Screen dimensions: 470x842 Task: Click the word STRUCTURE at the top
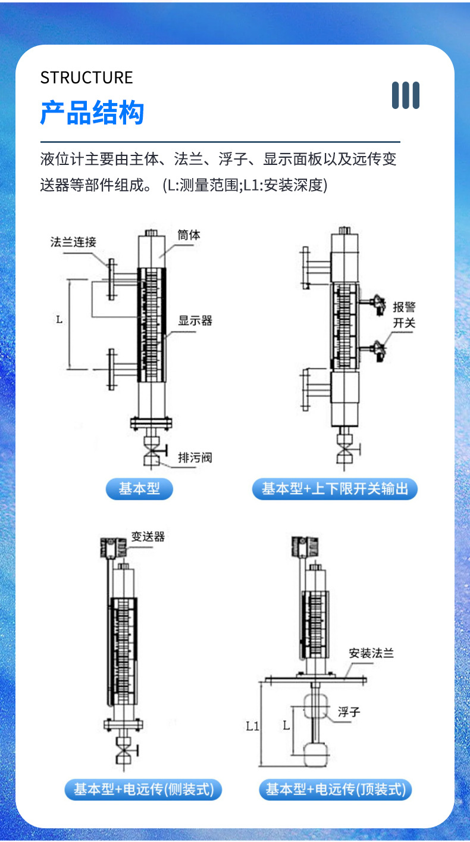[x=86, y=77]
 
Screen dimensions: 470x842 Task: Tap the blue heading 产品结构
[x=92, y=113]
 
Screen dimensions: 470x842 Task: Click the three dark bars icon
[x=405, y=95]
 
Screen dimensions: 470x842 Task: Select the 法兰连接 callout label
[x=73, y=242]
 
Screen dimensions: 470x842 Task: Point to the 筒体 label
[x=189, y=235]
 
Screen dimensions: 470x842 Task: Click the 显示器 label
[x=195, y=320]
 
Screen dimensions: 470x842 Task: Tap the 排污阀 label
[x=195, y=457]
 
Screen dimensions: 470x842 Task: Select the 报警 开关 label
[x=404, y=314]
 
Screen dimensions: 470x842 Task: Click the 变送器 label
[x=148, y=537]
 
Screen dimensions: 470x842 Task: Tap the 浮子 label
[x=349, y=712]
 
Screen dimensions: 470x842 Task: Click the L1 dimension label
[x=252, y=726]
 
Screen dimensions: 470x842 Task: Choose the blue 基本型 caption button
[x=139, y=489]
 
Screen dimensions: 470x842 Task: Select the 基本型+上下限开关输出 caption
[x=335, y=489]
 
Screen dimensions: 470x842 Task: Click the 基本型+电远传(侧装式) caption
[x=143, y=790]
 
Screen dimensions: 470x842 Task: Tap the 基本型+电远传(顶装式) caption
[x=336, y=790]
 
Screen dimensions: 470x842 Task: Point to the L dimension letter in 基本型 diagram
[x=59, y=320]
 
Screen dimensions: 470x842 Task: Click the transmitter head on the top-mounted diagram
[x=305, y=547]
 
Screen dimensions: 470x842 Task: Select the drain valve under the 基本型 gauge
[x=152, y=451]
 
